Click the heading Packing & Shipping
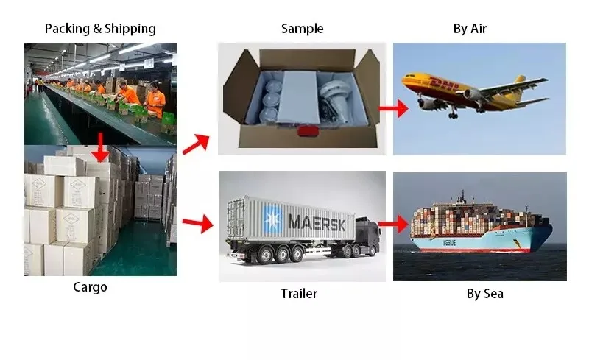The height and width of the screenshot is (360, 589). [100, 29]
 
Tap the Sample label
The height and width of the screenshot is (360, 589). [302, 29]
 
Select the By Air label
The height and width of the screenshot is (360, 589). [470, 29]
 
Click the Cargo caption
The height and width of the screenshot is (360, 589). [90, 287]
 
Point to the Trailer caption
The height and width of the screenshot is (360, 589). [299, 294]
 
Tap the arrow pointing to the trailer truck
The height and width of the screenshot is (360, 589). [194, 222]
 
